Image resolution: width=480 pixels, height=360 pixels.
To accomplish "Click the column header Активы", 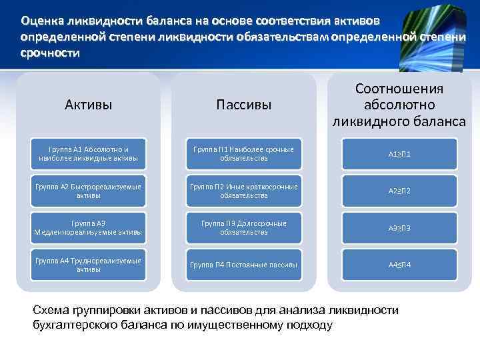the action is point(89,105).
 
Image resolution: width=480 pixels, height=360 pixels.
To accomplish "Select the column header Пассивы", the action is point(243,105).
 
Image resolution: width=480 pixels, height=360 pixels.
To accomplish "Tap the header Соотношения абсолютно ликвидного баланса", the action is point(399,105).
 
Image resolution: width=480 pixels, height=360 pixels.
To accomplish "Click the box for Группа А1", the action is point(89,154).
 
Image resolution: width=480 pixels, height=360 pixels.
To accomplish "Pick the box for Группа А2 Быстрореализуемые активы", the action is point(89,191).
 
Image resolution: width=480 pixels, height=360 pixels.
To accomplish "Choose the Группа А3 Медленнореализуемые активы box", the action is point(89,228).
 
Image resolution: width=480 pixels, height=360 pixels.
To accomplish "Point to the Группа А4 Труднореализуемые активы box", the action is point(89,265).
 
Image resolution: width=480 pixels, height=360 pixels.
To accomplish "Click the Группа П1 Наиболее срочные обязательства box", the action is point(243,154).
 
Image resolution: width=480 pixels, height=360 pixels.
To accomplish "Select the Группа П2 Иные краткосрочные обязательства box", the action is point(243,191).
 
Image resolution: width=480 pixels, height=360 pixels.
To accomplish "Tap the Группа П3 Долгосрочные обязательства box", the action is point(243,228).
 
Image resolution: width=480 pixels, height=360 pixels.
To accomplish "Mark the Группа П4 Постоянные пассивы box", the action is point(243,265).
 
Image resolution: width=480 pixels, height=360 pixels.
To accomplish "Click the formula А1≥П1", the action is point(399,154).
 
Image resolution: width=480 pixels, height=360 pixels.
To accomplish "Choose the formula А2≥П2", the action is point(399,191).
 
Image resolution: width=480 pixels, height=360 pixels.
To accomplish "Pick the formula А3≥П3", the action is point(399,228).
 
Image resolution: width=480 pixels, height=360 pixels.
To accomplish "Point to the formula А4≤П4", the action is point(399,265).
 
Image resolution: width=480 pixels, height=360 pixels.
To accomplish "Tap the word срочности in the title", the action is point(49,52).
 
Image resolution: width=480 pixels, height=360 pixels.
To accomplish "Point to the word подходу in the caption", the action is point(308,325).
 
